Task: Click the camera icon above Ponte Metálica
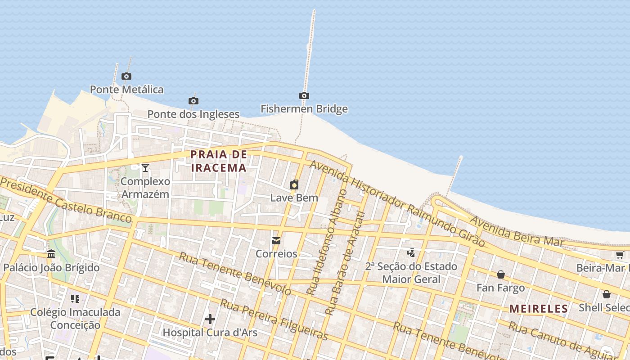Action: tap(126, 76)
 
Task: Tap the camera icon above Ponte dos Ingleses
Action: tap(193, 101)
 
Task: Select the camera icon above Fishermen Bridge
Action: tap(304, 95)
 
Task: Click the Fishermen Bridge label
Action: tap(304, 109)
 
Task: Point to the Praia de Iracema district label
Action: tap(219, 161)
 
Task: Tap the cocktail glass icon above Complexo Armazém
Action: tap(145, 168)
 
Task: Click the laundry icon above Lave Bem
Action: tap(294, 184)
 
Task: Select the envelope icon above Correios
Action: tap(276, 241)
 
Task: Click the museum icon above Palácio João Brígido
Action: tap(51, 254)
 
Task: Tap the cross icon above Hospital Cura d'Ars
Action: tap(210, 319)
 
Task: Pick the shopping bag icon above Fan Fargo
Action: tap(501, 274)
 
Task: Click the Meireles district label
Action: tap(539, 309)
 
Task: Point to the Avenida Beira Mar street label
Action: tap(517, 231)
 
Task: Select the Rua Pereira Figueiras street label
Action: tap(274, 320)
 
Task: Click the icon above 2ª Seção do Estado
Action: tap(411, 253)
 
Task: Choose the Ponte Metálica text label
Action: tap(126, 89)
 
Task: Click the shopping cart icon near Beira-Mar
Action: tap(620, 255)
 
